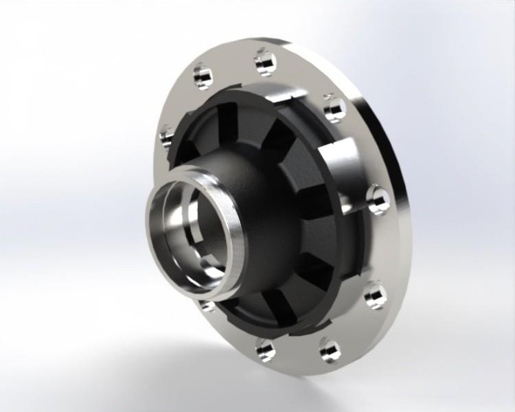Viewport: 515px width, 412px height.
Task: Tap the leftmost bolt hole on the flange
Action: tap(166, 136)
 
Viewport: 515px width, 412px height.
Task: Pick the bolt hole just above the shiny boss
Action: tap(334, 107)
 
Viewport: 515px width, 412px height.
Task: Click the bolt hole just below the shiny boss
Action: tap(377, 198)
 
